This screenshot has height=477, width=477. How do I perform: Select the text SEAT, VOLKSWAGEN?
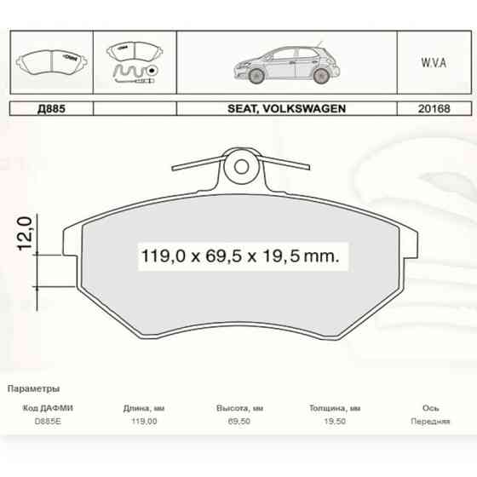pyautogui.click(x=286, y=108)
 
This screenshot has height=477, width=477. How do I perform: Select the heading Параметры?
pyautogui.click(x=33, y=388)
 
